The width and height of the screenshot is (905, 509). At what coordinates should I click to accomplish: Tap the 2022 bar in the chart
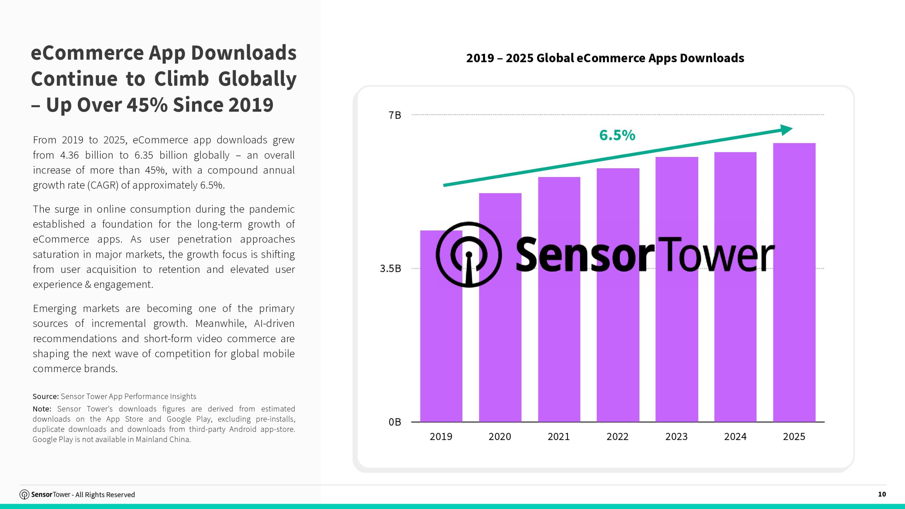[618, 336]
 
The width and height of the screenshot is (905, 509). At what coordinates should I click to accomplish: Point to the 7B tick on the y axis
[395, 115]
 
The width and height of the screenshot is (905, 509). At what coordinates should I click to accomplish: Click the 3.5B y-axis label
[390, 269]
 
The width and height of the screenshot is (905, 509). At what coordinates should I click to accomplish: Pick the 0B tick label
[395, 422]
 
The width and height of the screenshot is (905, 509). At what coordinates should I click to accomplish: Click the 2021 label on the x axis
[559, 437]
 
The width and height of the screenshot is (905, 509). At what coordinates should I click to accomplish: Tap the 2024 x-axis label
[735, 437]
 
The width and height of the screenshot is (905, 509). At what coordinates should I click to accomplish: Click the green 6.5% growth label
[617, 135]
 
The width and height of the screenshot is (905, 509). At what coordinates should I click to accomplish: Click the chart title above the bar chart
[605, 58]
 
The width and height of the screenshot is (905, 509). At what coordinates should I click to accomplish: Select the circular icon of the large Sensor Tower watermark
[469, 255]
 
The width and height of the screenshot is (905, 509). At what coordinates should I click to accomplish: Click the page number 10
[882, 494]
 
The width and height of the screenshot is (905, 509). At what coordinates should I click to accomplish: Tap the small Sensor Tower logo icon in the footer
[24, 495]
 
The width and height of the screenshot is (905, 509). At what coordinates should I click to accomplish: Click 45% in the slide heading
[147, 105]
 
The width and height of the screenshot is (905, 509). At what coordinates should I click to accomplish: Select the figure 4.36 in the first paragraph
[69, 155]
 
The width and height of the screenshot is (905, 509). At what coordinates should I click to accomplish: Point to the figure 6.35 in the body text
[144, 155]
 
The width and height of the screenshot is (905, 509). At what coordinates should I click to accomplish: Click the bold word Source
[46, 397]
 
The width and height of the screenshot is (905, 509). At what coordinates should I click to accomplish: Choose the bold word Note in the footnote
[42, 409]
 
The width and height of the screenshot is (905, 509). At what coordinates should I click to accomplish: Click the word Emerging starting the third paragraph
[55, 309]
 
